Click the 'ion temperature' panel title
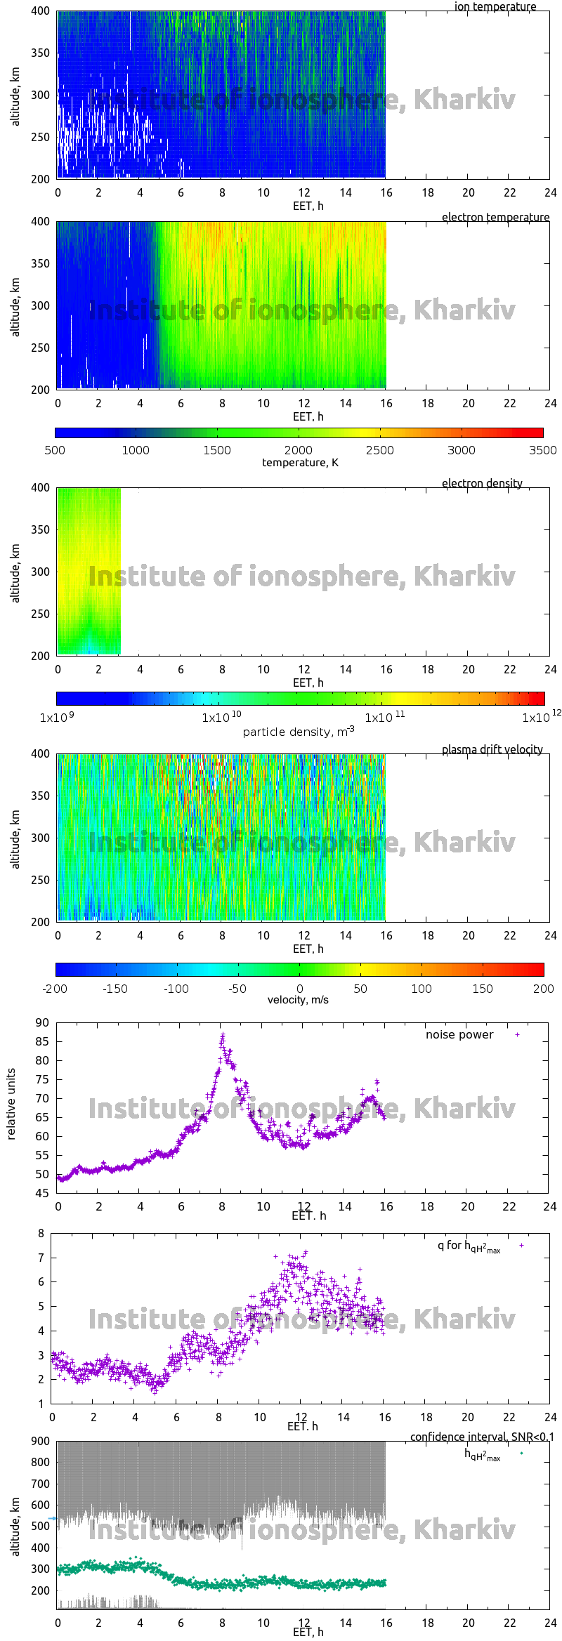495,7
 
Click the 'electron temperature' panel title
495,218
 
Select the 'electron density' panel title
482,484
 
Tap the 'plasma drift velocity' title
492,750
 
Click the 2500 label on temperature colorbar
379,450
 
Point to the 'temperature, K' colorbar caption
300,463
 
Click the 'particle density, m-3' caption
299,732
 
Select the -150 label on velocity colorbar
115,989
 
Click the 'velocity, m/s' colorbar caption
298,1000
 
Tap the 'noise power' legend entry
459,1035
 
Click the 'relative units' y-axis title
11,1105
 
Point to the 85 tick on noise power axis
42,1042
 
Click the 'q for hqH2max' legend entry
469,1246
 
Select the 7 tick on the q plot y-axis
41,1258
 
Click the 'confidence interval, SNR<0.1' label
482,1437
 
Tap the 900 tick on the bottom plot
41,1442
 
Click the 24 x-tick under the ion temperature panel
550,192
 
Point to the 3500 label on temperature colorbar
542,450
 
